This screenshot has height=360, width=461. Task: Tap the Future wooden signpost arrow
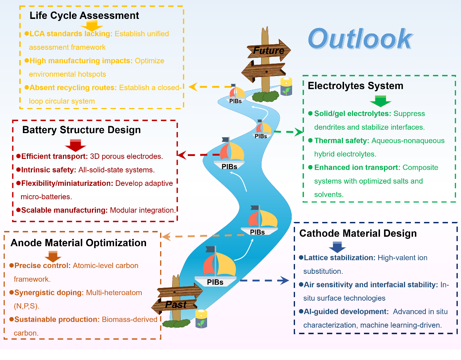click(x=269, y=50)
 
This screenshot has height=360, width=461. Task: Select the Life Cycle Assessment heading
click(x=84, y=16)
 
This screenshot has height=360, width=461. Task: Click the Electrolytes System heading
click(x=355, y=86)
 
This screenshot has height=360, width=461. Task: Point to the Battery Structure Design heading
click(x=81, y=130)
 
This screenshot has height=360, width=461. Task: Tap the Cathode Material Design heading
click(x=358, y=233)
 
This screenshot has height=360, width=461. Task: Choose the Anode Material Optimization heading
click(x=78, y=243)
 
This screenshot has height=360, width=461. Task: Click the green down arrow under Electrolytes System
click(x=380, y=101)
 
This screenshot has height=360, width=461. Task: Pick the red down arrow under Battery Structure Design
click(x=76, y=145)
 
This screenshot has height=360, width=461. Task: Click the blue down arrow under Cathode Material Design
click(x=337, y=247)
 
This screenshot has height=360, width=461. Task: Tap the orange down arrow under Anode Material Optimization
click(x=53, y=256)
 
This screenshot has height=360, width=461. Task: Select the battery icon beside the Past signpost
click(x=201, y=319)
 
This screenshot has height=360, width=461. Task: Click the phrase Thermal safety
click(x=341, y=141)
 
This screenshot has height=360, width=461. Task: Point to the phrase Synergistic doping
click(x=49, y=293)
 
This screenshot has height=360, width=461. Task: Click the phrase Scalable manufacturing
click(x=64, y=210)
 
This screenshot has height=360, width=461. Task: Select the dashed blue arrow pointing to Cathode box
click(x=264, y=280)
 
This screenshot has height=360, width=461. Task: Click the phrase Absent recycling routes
click(x=73, y=88)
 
